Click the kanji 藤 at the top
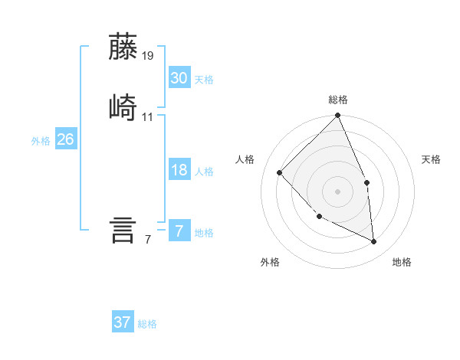click(123, 47)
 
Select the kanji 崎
click(123, 106)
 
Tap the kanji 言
click(123, 230)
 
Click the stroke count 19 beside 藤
click(148, 56)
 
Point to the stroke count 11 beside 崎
click(148, 117)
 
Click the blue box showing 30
click(179, 77)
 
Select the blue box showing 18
click(179, 170)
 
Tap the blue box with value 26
click(65, 139)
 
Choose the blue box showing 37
click(123, 322)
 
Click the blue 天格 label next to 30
click(204, 80)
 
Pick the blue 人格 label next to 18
click(204, 172)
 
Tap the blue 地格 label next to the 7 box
click(204, 233)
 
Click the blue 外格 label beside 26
click(41, 141)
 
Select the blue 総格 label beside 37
click(147, 324)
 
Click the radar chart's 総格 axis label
click(338, 100)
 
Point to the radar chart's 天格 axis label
click(432, 159)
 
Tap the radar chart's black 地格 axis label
click(402, 262)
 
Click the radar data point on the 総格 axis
click(337, 116)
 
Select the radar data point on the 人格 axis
click(280, 173)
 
